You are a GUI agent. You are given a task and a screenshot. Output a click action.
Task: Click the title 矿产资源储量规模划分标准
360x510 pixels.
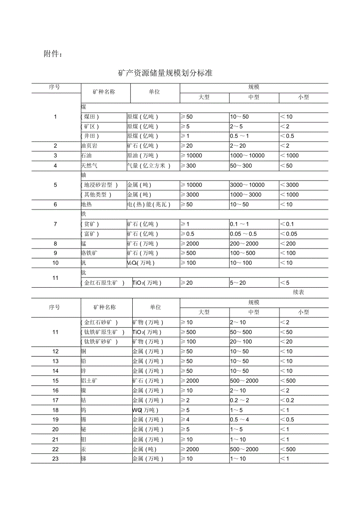coord(165,73)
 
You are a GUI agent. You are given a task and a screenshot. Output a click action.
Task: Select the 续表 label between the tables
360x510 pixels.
coord(298,292)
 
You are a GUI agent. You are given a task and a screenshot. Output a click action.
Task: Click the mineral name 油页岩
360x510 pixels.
coord(89,146)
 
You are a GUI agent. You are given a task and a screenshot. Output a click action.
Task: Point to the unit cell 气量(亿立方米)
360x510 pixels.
coord(149,166)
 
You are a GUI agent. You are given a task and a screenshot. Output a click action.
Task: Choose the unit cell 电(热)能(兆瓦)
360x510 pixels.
coord(149,204)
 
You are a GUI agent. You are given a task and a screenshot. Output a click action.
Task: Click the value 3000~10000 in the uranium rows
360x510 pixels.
coord(247,185)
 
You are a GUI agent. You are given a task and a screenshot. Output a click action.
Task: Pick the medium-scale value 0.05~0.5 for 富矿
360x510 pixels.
coord(243,234)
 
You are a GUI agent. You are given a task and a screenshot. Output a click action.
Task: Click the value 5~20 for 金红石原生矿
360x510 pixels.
coord(238,283)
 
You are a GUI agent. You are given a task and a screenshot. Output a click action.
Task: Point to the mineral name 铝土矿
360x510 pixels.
coord(89,381)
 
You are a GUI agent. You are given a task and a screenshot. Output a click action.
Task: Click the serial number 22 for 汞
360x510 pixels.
coord(55,449)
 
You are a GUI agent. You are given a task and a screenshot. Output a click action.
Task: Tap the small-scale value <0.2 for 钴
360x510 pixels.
coord(287,400)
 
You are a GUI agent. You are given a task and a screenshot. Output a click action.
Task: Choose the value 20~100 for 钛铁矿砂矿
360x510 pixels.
coord(241,342)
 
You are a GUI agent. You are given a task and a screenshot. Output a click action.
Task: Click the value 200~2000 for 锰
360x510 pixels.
coord(244,243)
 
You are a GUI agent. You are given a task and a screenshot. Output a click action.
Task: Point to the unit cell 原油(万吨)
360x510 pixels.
coord(142,156)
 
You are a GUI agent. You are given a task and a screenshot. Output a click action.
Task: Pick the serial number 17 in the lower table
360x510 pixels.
coord(55,400)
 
